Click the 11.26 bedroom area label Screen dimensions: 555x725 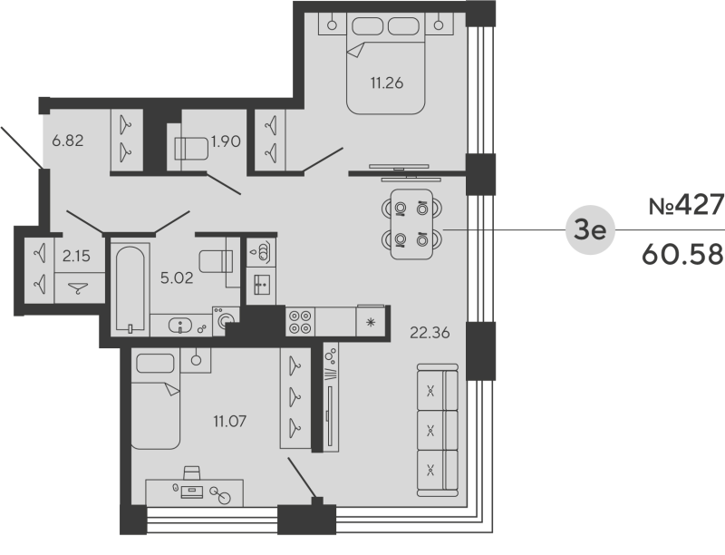tap(385, 83)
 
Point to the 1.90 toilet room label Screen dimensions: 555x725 tap(226, 141)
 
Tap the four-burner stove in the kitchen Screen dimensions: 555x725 tap(301, 322)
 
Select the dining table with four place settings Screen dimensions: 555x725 tap(410, 224)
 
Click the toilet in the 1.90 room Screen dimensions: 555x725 tap(189, 148)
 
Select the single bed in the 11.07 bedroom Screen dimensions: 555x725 tap(158, 401)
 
